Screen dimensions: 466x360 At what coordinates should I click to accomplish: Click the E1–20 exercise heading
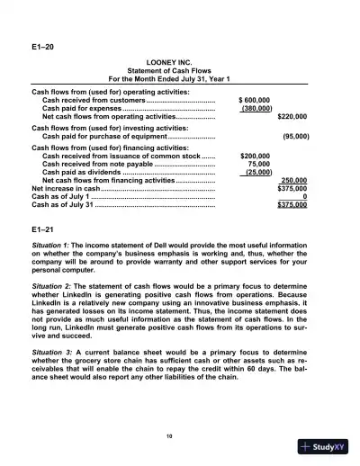tap(42, 44)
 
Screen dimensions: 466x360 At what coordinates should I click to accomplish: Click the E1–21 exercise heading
tap(42, 229)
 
